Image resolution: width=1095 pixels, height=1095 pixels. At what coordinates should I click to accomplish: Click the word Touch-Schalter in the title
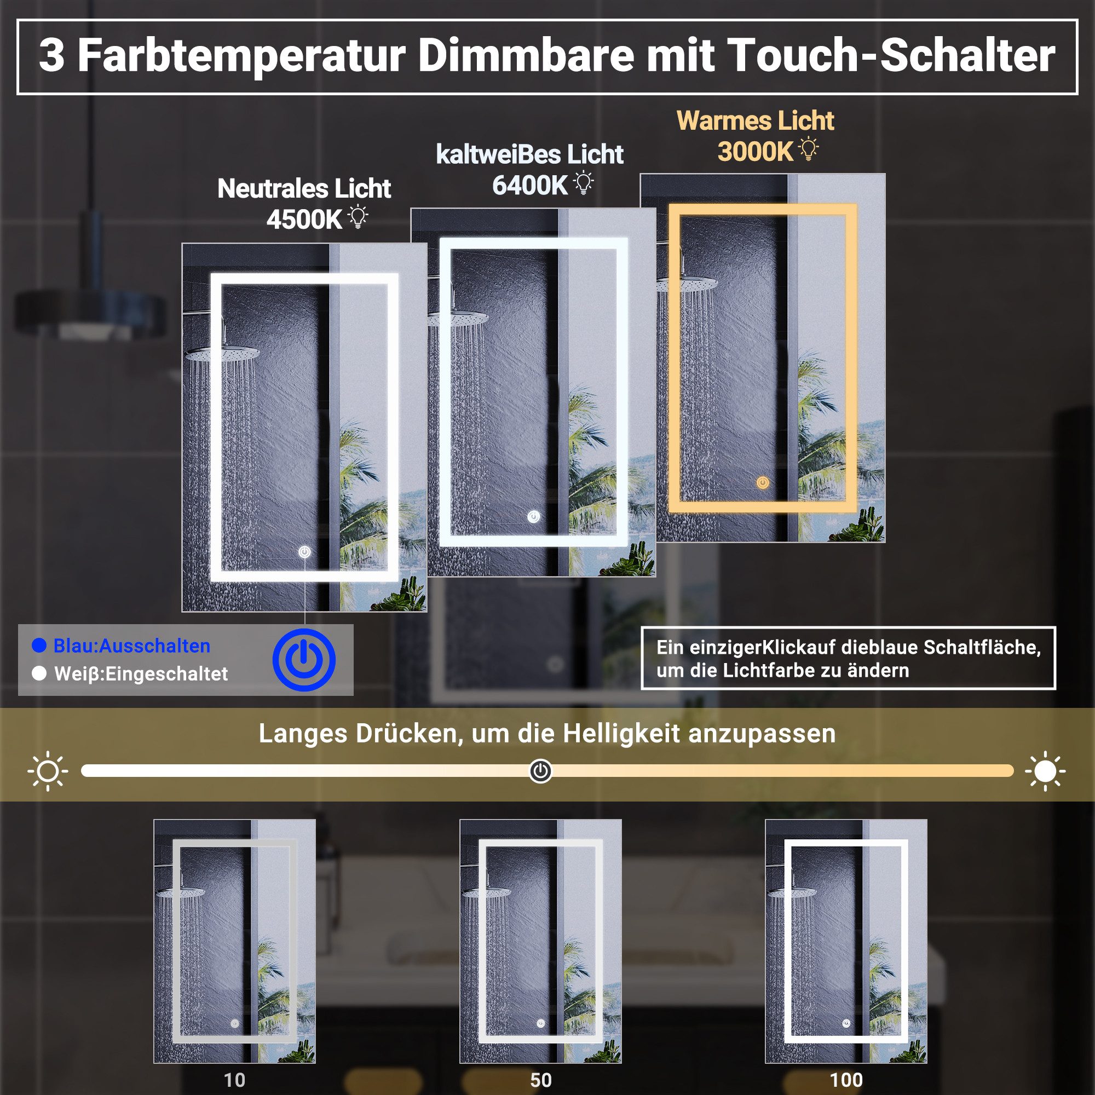point(890,56)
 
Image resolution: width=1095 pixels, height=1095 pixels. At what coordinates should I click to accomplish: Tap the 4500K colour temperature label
point(304,220)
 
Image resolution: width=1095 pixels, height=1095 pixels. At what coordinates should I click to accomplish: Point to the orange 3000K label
point(755,151)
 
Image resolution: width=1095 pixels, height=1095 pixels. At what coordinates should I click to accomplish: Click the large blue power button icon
point(304,660)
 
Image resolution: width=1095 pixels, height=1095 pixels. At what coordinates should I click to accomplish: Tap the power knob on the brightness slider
point(540,771)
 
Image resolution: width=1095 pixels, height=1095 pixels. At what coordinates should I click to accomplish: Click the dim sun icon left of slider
point(48,771)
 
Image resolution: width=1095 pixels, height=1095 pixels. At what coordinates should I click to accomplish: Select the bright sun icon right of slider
point(1045,771)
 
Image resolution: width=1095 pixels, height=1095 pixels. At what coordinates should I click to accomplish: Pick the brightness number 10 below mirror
point(234,1080)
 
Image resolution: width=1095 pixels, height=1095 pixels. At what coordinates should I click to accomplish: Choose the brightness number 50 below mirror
point(541,1080)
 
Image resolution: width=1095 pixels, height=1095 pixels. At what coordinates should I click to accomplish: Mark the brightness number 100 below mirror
point(846,1080)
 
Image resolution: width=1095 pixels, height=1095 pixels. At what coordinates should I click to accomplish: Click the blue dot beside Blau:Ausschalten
point(39,646)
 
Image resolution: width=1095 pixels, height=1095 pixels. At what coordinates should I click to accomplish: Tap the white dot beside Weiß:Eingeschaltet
point(39,673)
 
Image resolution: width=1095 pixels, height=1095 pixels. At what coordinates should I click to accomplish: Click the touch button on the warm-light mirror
point(763,483)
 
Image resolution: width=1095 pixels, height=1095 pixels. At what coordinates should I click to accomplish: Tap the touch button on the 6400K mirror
point(533,516)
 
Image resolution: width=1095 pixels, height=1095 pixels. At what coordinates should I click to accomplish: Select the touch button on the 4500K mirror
point(304,551)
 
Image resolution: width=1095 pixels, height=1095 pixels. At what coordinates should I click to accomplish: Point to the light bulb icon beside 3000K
point(809,149)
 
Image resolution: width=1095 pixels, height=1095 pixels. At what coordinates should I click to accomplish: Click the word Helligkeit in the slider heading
point(621,734)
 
